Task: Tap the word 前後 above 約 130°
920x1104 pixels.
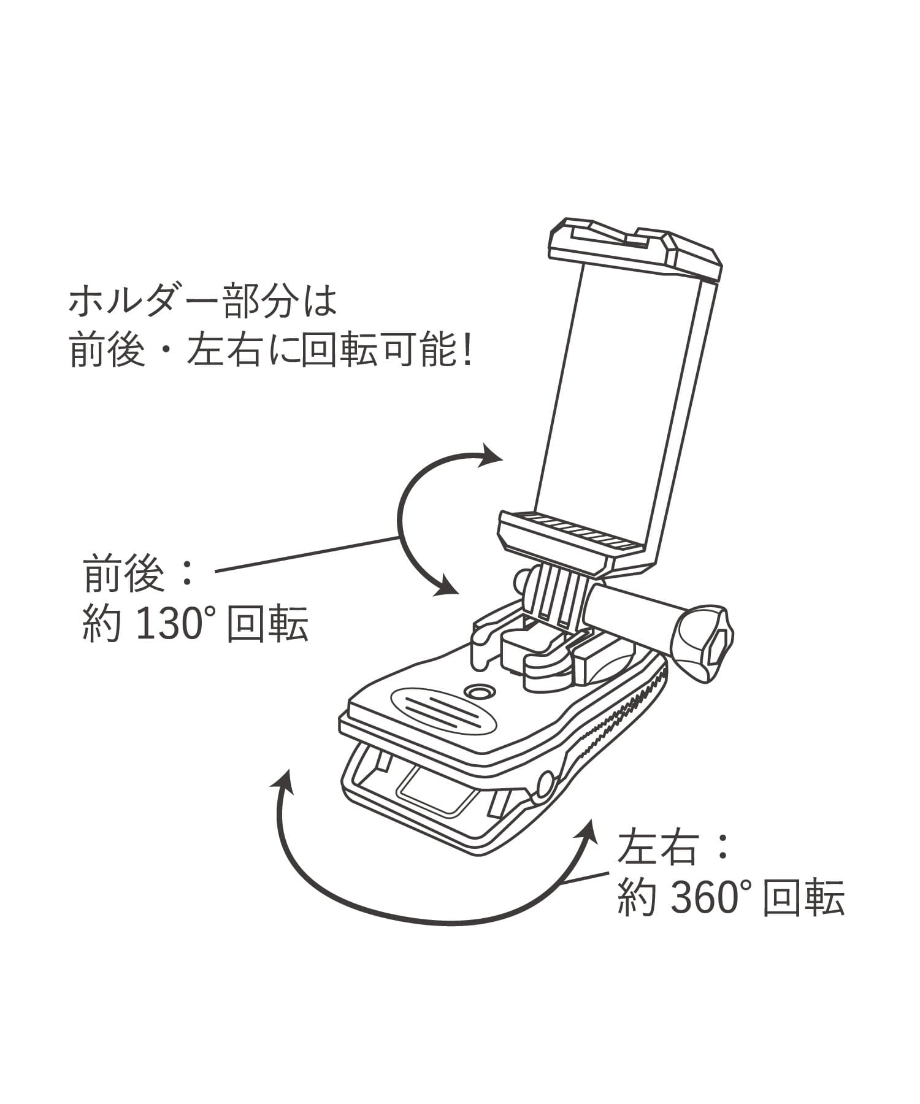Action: [x=124, y=573]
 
